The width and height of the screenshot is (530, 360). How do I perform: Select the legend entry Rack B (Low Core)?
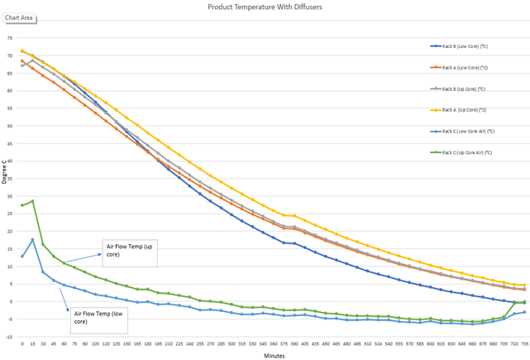[463, 47]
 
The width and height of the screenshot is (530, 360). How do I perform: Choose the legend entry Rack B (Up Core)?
[462, 88]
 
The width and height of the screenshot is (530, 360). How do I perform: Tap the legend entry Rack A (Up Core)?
[462, 109]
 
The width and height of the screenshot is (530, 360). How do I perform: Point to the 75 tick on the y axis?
[9, 39]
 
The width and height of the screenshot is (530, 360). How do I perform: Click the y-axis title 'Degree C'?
[4, 173]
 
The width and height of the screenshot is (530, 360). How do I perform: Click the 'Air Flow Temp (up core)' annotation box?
[128, 249]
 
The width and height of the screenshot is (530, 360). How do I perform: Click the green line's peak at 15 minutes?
[32, 201]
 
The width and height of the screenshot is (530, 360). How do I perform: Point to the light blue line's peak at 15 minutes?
[32, 240]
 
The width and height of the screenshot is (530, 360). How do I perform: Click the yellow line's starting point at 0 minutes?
[22, 50]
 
